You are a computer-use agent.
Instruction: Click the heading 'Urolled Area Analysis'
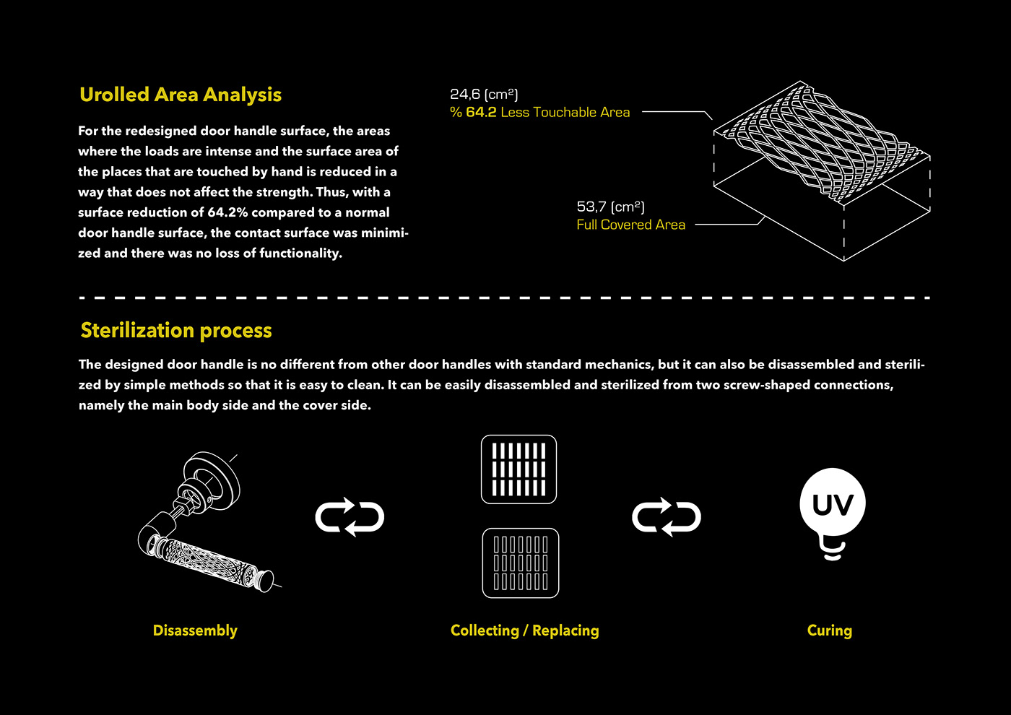[x=181, y=95]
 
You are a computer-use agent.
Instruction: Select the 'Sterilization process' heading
[x=176, y=331]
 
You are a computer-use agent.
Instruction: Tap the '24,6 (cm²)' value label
[x=484, y=95]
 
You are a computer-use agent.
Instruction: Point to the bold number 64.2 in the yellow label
[x=481, y=113]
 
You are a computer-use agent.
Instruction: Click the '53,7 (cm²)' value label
[x=610, y=207]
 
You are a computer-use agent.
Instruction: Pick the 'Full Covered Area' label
[x=630, y=225]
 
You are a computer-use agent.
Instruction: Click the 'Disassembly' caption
[x=195, y=630]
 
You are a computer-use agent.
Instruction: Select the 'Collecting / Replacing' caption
[x=524, y=630]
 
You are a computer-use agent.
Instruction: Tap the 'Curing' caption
[x=829, y=630]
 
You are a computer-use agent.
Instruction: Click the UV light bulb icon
[x=833, y=506]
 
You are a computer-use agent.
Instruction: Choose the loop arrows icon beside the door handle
[x=350, y=517]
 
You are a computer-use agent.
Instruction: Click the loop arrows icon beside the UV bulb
[x=666, y=517]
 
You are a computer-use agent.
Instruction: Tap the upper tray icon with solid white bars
[x=518, y=469]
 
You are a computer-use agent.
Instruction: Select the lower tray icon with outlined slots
[x=520, y=563]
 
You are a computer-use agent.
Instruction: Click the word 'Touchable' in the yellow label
[x=565, y=113]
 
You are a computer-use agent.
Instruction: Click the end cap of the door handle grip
[x=266, y=580]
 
